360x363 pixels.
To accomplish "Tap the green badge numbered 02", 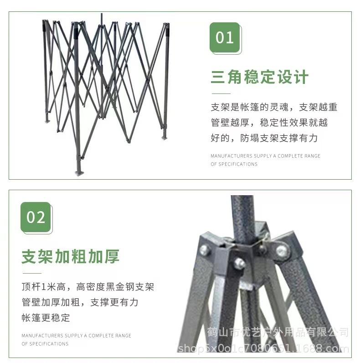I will point(36,217).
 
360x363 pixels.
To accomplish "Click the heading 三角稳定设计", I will point(259,77).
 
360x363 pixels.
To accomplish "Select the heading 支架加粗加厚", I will point(70,257).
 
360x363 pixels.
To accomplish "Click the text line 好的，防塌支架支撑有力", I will point(264,138).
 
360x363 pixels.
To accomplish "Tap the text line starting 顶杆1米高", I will point(87,287).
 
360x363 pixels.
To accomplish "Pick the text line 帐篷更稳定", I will point(46,317).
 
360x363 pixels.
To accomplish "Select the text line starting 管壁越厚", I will point(269,123).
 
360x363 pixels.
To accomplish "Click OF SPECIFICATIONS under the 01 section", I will point(234,164).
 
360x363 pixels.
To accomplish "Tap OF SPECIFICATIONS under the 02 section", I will point(45,344).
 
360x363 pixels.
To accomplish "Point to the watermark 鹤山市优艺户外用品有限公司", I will point(278,332).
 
